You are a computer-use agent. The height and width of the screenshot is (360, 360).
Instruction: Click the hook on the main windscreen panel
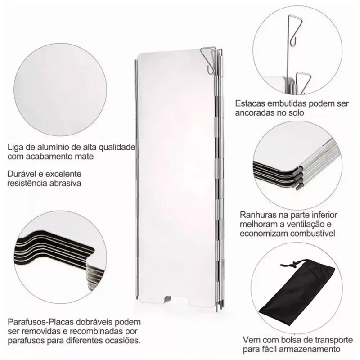(x=209, y=60)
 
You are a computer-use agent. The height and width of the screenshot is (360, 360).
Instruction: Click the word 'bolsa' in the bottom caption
(x=292, y=340)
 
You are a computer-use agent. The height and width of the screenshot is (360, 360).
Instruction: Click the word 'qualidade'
(x=117, y=147)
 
